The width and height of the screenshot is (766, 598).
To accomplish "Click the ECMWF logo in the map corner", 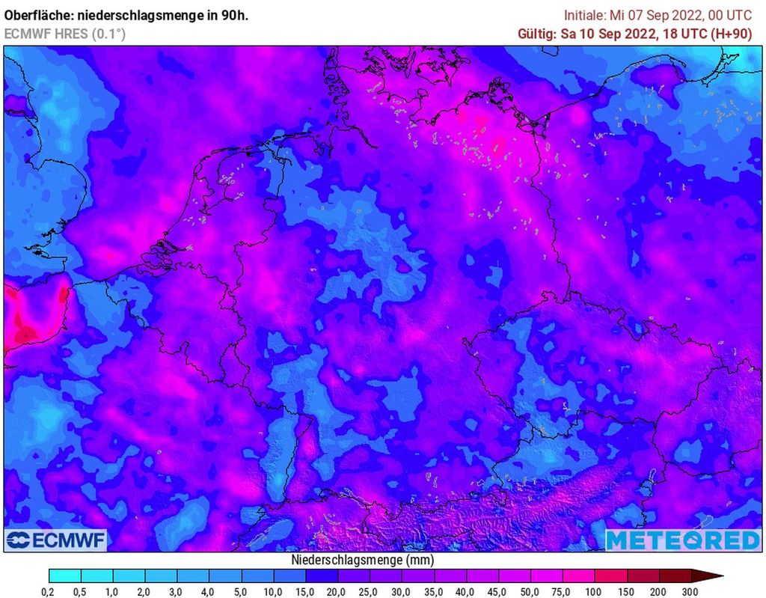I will [57, 540].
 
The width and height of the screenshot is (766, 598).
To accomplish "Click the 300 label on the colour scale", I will [690, 592].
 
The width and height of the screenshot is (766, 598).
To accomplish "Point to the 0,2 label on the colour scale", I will [49, 592].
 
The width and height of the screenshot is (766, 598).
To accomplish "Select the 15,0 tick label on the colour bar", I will [305, 592].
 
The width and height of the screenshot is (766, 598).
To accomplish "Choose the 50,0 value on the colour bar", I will [530, 592].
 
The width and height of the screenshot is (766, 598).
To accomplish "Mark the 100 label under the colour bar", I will [594, 592].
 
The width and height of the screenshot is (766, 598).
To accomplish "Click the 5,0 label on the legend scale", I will [241, 592].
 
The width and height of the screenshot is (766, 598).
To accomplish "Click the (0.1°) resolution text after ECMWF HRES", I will [108, 34].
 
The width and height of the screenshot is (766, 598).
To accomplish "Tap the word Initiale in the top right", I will [584, 15].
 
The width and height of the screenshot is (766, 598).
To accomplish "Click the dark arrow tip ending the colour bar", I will [714, 576].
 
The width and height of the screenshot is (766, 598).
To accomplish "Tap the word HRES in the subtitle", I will [72, 34].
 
